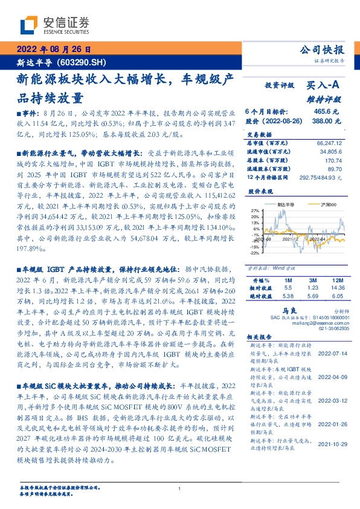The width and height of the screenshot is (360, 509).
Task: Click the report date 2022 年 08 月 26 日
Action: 53,50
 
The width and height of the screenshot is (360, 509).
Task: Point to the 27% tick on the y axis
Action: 254,211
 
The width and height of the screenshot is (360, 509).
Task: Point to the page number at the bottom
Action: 179,488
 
